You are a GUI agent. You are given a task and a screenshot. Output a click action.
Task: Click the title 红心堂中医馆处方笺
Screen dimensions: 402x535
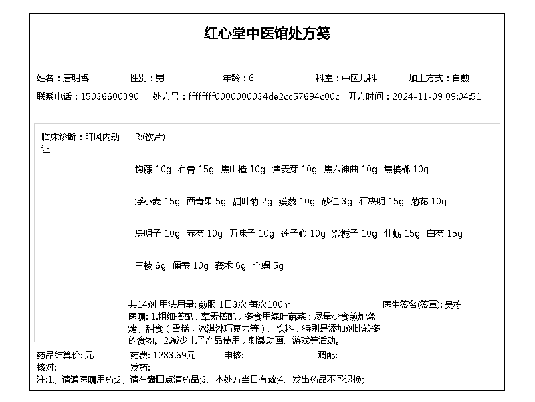pyautogui.click(x=267, y=33)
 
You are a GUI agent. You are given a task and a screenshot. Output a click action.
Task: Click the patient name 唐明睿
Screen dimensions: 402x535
pyautogui.click(x=74, y=78)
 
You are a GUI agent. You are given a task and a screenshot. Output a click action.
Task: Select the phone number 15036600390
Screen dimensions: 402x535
pyautogui.click(x=110, y=96)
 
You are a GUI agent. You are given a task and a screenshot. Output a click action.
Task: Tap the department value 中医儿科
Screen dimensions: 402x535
pyautogui.click(x=360, y=78)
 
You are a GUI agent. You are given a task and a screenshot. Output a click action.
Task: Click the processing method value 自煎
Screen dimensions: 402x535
pyautogui.click(x=461, y=78)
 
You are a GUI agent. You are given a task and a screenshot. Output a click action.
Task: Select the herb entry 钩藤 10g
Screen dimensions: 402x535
pyautogui.click(x=153, y=170)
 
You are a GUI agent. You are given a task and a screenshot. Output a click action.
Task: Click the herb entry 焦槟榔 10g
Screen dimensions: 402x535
pyautogui.click(x=406, y=170)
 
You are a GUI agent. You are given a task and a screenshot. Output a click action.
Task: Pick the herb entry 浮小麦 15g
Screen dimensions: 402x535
pyautogui.click(x=157, y=202)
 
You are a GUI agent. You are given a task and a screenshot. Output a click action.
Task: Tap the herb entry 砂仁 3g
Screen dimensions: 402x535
pyautogui.click(x=336, y=202)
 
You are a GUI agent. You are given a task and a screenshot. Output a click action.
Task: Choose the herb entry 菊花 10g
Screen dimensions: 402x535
pyautogui.click(x=428, y=202)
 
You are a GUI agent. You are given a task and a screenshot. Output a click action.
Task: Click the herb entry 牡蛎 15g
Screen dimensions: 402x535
pyautogui.click(x=401, y=234)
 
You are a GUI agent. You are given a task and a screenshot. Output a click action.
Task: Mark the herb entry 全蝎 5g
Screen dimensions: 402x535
pyautogui.click(x=267, y=266)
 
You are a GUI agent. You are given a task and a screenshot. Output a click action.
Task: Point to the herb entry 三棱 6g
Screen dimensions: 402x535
pyautogui.click(x=150, y=266)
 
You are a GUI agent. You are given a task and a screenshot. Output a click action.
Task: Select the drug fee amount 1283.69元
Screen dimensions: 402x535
pyautogui.click(x=174, y=355)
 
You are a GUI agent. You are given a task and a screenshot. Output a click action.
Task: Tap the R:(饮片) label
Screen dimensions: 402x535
pyautogui.click(x=150, y=137)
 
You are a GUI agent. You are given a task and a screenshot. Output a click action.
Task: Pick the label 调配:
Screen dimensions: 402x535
pyautogui.click(x=327, y=355)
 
